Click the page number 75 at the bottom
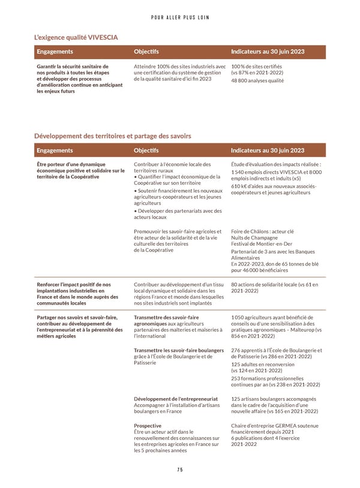pos(180,469)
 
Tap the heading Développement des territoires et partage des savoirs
pos(113,136)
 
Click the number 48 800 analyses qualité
pos(257,81)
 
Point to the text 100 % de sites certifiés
pos(256,66)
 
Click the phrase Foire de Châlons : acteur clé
pos(262,231)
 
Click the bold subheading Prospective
pos(147,426)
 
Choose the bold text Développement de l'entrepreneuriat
pos(175,399)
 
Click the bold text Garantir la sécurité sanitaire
pos(72,66)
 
